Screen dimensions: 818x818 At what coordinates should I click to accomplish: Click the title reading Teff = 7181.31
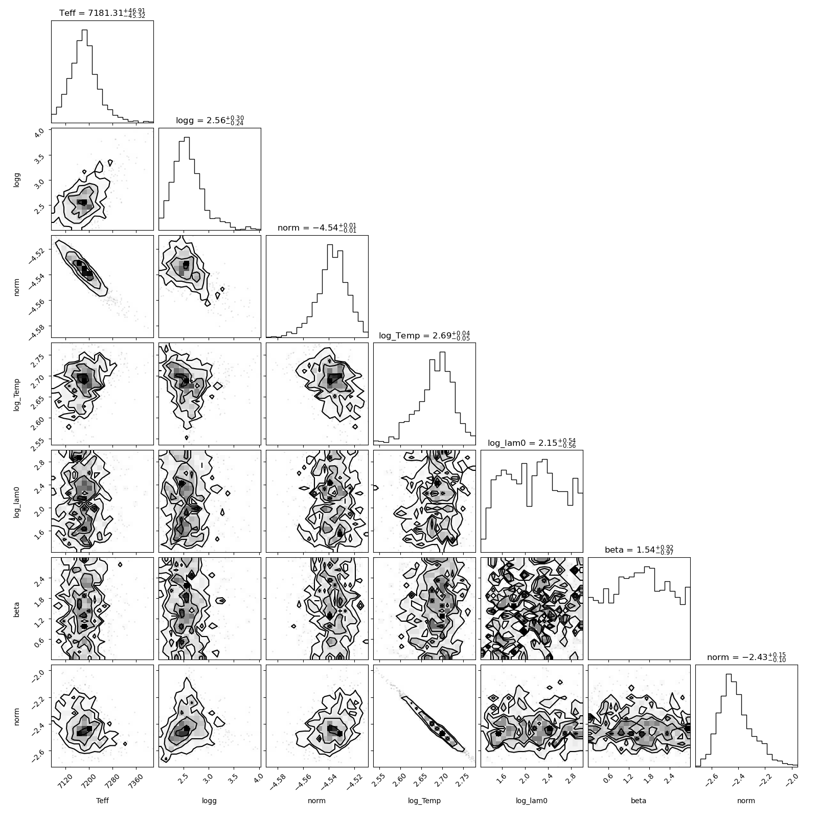(102, 13)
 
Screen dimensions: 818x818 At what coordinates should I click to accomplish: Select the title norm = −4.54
(317, 228)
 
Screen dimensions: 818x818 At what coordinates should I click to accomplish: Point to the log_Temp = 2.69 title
(424, 335)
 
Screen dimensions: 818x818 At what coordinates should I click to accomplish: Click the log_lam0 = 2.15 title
(532, 443)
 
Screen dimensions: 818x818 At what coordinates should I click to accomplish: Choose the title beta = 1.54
(639, 550)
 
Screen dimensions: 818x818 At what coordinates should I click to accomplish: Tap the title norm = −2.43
(746, 657)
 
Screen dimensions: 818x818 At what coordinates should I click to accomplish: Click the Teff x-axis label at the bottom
(102, 801)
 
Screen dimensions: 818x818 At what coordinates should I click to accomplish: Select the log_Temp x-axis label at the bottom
(424, 801)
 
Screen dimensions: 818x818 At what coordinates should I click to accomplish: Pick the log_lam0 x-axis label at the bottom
(532, 801)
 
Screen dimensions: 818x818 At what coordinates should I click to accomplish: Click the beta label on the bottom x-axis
(639, 801)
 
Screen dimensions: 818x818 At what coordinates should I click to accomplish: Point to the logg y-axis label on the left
(17, 179)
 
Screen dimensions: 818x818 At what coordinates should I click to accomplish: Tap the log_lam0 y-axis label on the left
(17, 501)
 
